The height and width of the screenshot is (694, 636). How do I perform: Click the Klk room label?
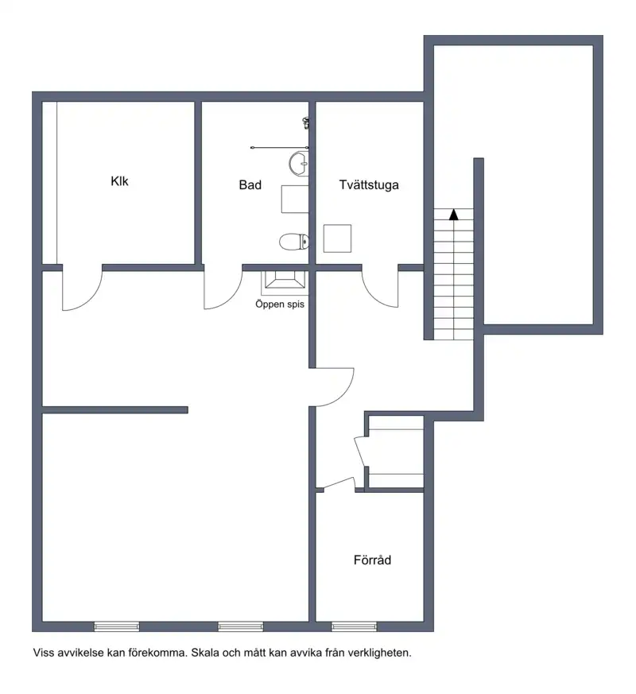(x=119, y=181)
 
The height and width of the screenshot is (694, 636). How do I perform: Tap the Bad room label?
(x=250, y=185)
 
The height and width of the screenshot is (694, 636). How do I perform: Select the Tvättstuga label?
(x=369, y=185)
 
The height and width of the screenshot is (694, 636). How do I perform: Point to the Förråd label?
(x=372, y=560)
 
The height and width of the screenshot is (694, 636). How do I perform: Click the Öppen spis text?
(x=280, y=304)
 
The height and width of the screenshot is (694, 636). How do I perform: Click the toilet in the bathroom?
(x=294, y=242)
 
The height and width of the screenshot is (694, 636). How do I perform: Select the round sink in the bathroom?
(x=299, y=164)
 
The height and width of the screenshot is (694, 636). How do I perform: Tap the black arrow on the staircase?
(x=453, y=215)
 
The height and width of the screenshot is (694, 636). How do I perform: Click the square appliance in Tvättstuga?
(x=337, y=238)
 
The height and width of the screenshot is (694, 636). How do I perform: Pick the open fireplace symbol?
(x=285, y=282)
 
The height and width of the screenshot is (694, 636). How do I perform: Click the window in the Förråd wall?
(x=354, y=626)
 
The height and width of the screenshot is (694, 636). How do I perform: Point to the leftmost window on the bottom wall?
(x=117, y=626)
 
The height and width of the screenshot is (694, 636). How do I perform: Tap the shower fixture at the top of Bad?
(x=306, y=122)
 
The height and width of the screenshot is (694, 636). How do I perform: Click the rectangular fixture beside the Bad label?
(x=295, y=200)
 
